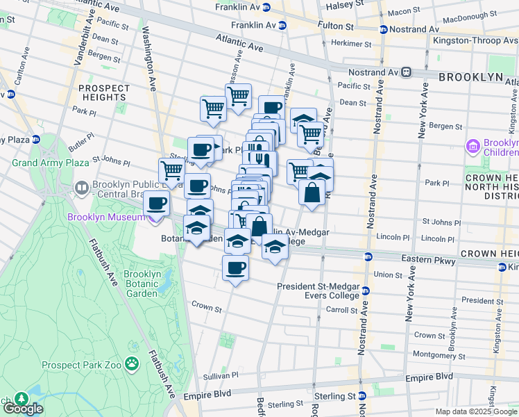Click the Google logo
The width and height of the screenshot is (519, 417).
point(24,409)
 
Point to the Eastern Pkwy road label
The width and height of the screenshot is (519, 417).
point(429,260)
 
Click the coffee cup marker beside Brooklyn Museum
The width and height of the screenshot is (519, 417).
point(157,204)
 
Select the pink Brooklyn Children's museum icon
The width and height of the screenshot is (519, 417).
point(474,147)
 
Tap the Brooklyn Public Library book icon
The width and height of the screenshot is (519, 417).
point(82,188)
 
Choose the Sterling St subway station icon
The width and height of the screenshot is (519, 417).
point(361,396)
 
